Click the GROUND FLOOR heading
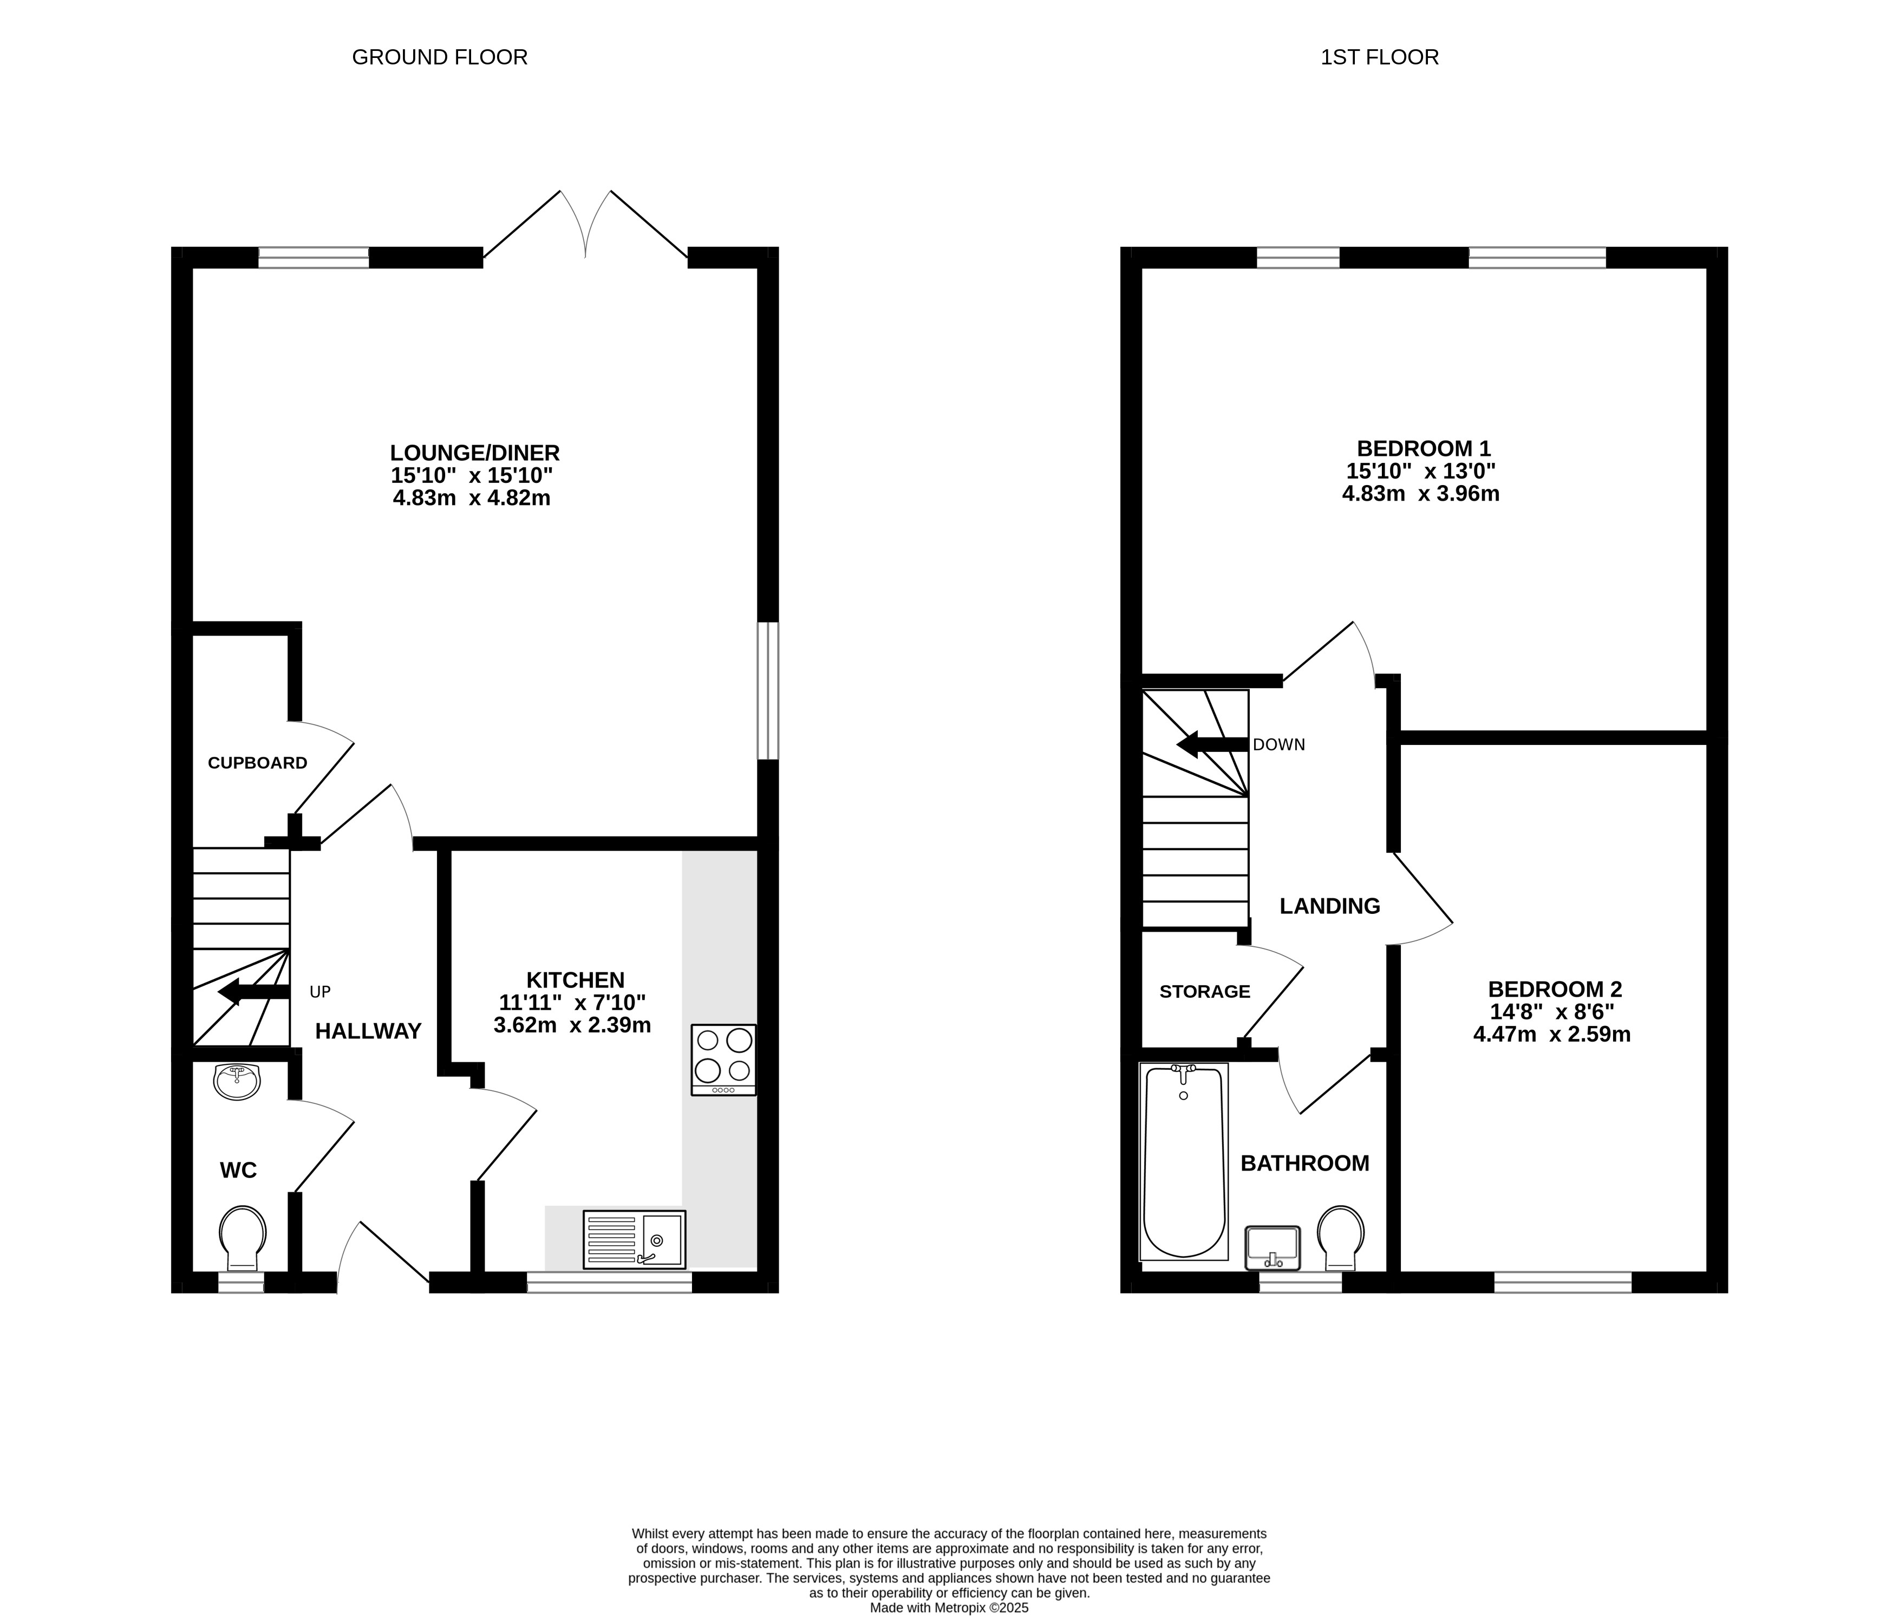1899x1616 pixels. pyautogui.click(x=440, y=57)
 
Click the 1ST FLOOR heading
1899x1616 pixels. pyautogui.click(x=1380, y=57)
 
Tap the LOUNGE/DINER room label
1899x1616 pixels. pyautogui.click(x=474, y=453)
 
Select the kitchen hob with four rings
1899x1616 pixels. pyautogui.click(x=723, y=1060)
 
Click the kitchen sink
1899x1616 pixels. pyautogui.click(x=634, y=1240)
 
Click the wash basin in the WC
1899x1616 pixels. pyautogui.click(x=237, y=1081)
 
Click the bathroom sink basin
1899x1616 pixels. pyautogui.click(x=1272, y=1248)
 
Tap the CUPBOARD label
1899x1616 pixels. pyautogui.click(x=257, y=762)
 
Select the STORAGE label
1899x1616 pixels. pyautogui.click(x=1205, y=991)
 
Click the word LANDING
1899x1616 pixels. pyautogui.click(x=1329, y=906)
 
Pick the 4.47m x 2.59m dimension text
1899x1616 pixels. pyautogui.click(x=1552, y=1034)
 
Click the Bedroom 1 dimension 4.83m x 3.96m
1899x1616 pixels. pyautogui.click(x=1421, y=494)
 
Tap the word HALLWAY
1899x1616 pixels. pyautogui.click(x=368, y=1031)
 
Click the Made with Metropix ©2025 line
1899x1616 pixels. pyautogui.click(x=949, y=1607)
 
